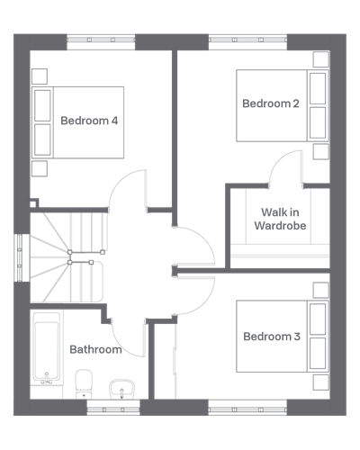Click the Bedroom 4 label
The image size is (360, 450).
[89, 121]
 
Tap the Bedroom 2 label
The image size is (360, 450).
[271, 103]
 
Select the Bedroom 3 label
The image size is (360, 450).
[272, 337]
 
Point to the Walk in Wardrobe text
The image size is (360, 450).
[280, 219]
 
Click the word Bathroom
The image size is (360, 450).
[95, 349]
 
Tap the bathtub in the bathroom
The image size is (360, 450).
[47, 348]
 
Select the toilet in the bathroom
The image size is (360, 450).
[84, 384]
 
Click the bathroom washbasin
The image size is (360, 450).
[121, 389]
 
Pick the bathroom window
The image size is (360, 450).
[113, 408]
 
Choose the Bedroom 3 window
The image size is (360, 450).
[247, 408]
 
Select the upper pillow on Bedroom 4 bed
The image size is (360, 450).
[42, 105]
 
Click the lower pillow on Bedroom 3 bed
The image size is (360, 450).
[318, 354]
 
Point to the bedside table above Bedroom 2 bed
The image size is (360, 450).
[321, 59]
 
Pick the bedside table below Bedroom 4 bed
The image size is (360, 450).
[40, 168]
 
